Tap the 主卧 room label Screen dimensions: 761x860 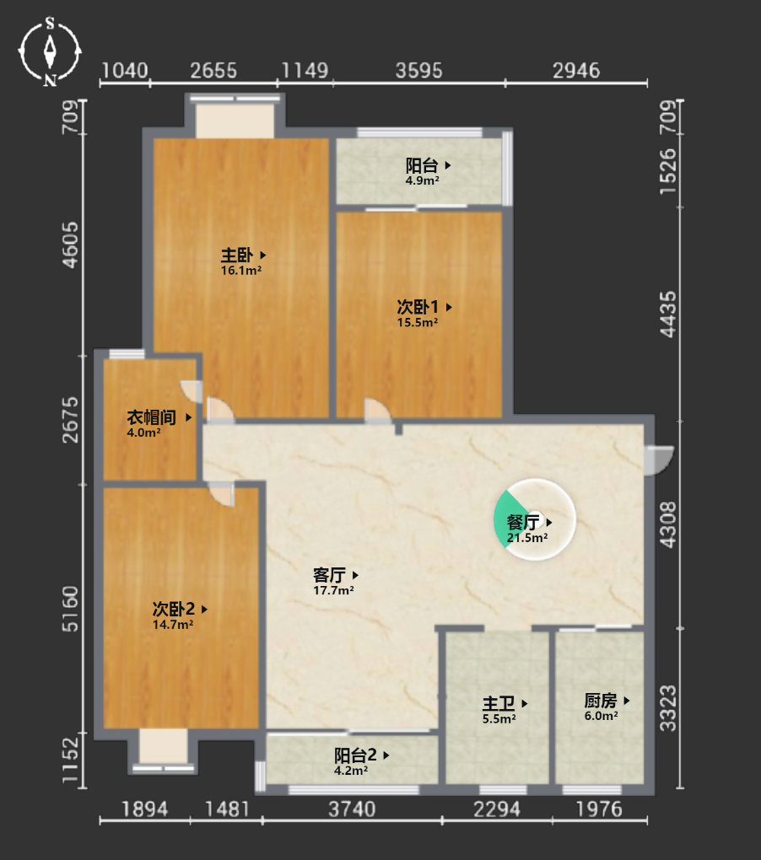click(x=237, y=255)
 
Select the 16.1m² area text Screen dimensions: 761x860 click(x=240, y=271)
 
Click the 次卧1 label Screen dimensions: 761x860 click(x=418, y=307)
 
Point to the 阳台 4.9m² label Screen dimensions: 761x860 click(x=422, y=172)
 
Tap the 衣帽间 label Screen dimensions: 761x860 click(x=152, y=417)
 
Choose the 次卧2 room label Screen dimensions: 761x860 click(x=174, y=609)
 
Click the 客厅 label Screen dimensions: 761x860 click(x=329, y=575)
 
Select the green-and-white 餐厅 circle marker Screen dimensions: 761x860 click(x=534, y=519)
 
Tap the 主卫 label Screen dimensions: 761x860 click(x=499, y=703)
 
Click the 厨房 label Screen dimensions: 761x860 click(x=600, y=701)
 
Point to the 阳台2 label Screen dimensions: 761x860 click(x=355, y=755)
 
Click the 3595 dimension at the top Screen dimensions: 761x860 click(x=418, y=71)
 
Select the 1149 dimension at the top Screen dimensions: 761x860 click(x=305, y=71)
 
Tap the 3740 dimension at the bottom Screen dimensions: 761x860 click(x=352, y=809)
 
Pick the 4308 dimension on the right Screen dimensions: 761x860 click(x=668, y=524)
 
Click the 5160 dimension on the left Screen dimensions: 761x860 click(x=70, y=609)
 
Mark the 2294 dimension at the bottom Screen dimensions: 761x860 click(x=497, y=809)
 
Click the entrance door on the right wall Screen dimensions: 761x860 click(x=658, y=460)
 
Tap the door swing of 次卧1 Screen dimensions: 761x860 click(x=377, y=411)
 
